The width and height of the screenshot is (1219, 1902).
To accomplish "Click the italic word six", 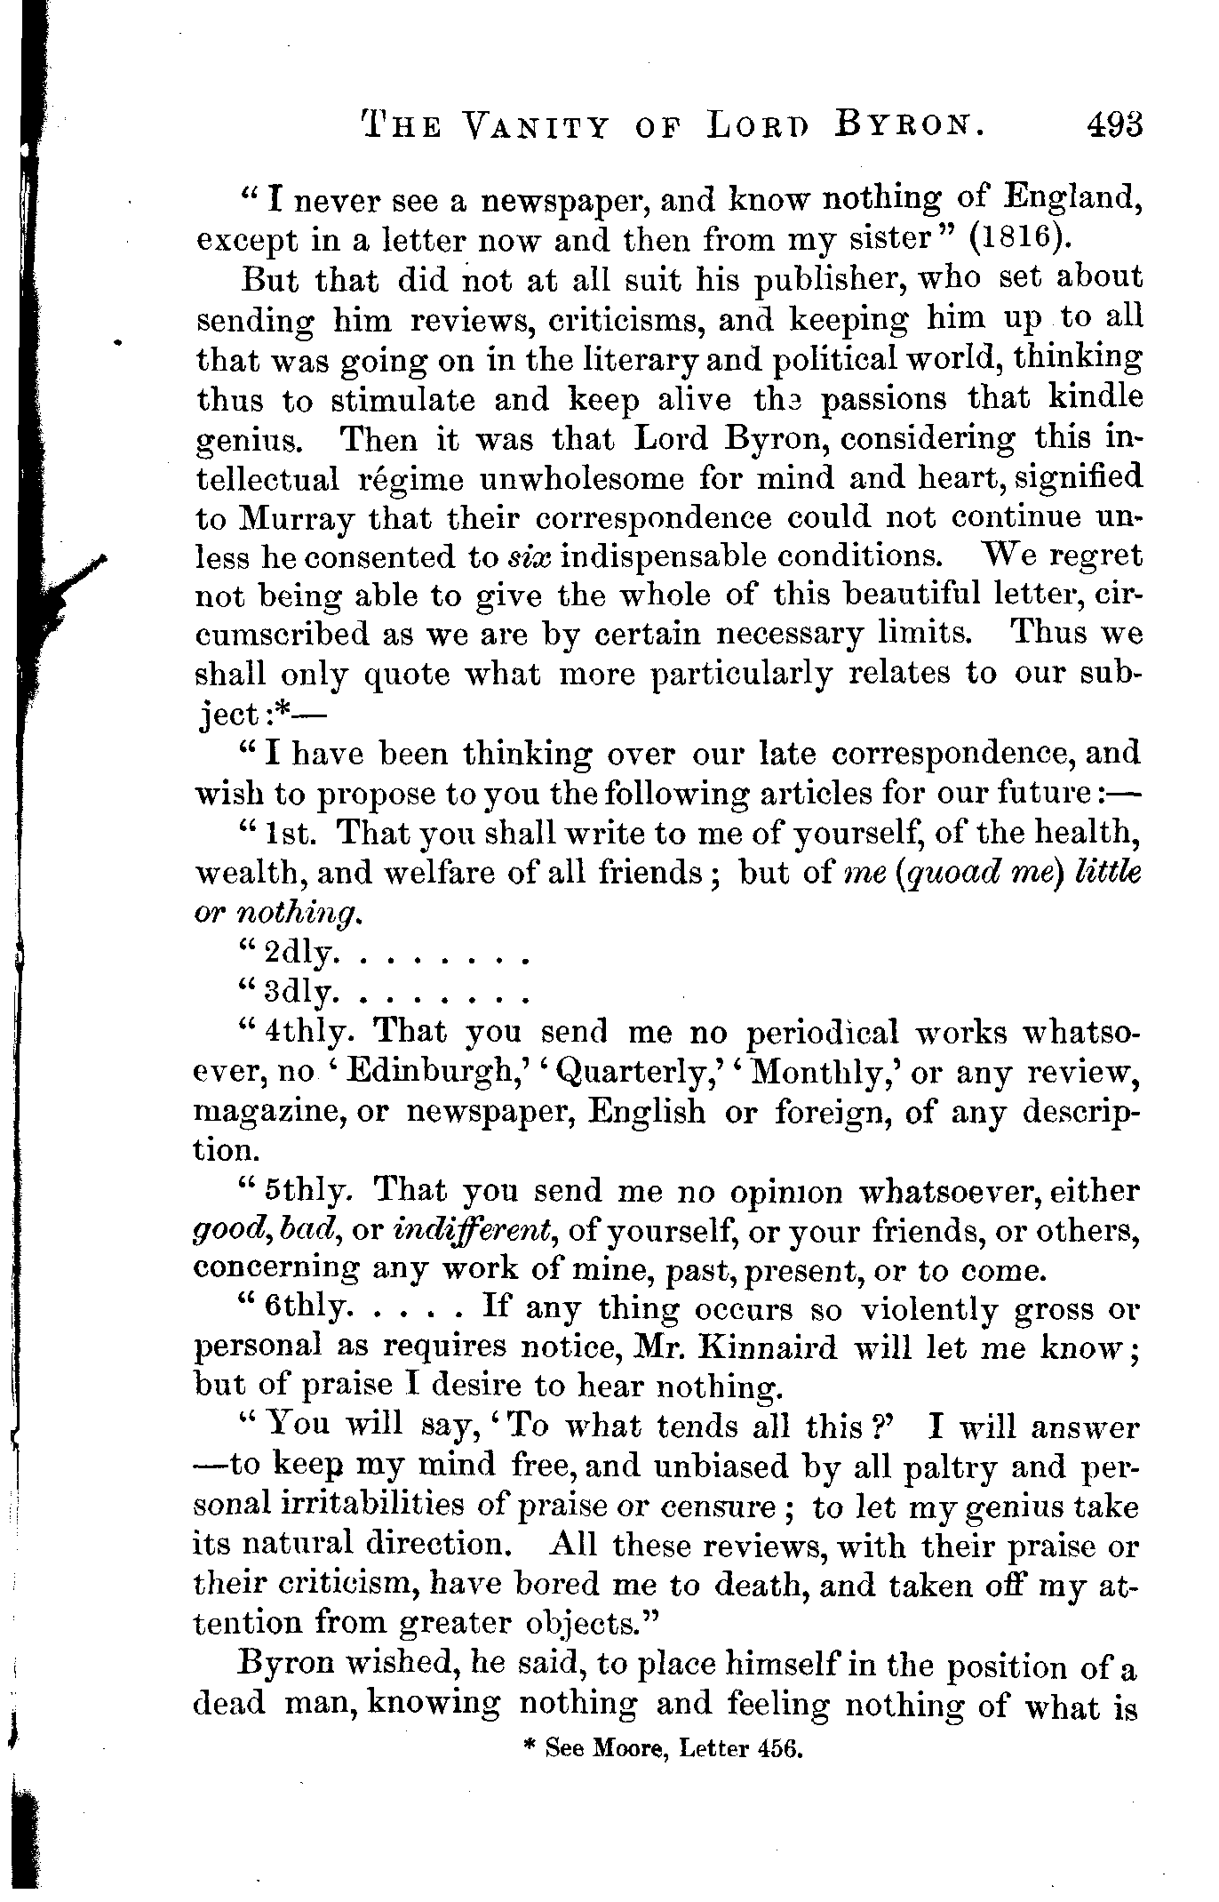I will click(531, 557).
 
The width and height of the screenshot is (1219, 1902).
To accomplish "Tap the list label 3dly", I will click(300, 993).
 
